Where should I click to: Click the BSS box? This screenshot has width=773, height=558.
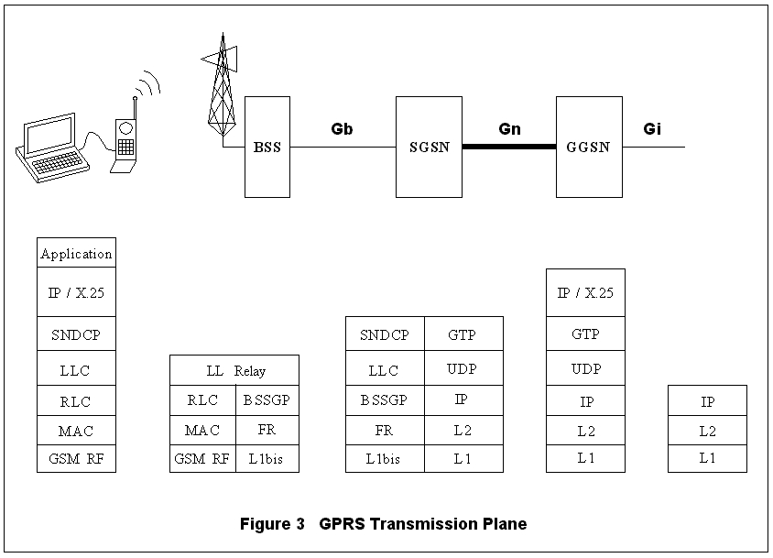click(267, 147)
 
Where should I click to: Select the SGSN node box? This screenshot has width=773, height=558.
click(429, 147)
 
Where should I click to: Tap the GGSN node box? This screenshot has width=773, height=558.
click(589, 147)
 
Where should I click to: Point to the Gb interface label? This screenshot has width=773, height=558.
click(342, 129)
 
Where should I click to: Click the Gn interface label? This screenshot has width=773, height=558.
click(509, 129)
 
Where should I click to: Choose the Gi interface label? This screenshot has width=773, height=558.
click(652, 129)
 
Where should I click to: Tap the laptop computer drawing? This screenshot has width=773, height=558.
click(52, 147)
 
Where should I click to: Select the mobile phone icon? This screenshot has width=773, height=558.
click(125, 142)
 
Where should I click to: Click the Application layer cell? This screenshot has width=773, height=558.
click(76, 254)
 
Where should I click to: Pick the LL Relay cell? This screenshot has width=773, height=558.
click(234, 371)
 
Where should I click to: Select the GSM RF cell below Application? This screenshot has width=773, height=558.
click(76, 459)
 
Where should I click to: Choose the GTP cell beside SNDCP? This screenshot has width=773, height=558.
click(463, 335)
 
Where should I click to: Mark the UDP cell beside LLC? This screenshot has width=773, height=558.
click(463, 370)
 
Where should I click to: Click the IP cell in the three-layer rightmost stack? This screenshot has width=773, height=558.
click(707, 401)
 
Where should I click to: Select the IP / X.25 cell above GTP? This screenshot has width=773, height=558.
click(585, 294)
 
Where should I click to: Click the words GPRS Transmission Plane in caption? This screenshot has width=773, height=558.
click(423, 525)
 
